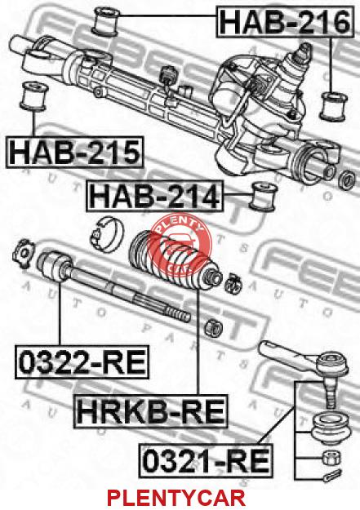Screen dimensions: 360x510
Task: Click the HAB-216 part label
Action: click(x=284, y=22)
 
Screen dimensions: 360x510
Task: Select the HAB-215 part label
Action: click(x=74, y=152)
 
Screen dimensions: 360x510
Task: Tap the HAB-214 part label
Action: click(x=154, y=196)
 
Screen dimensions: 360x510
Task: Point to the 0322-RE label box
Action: click(x=82, y=362)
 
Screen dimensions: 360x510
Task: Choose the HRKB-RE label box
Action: click(x=151, y=411)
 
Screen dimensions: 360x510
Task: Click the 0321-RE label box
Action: click(x=206, y=460)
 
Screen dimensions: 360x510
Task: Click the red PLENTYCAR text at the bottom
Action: click(x=176, y=498)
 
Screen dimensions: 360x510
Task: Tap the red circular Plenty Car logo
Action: click(x=179, y=242)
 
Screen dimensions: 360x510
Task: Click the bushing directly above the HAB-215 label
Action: click(x=33, y=96)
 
